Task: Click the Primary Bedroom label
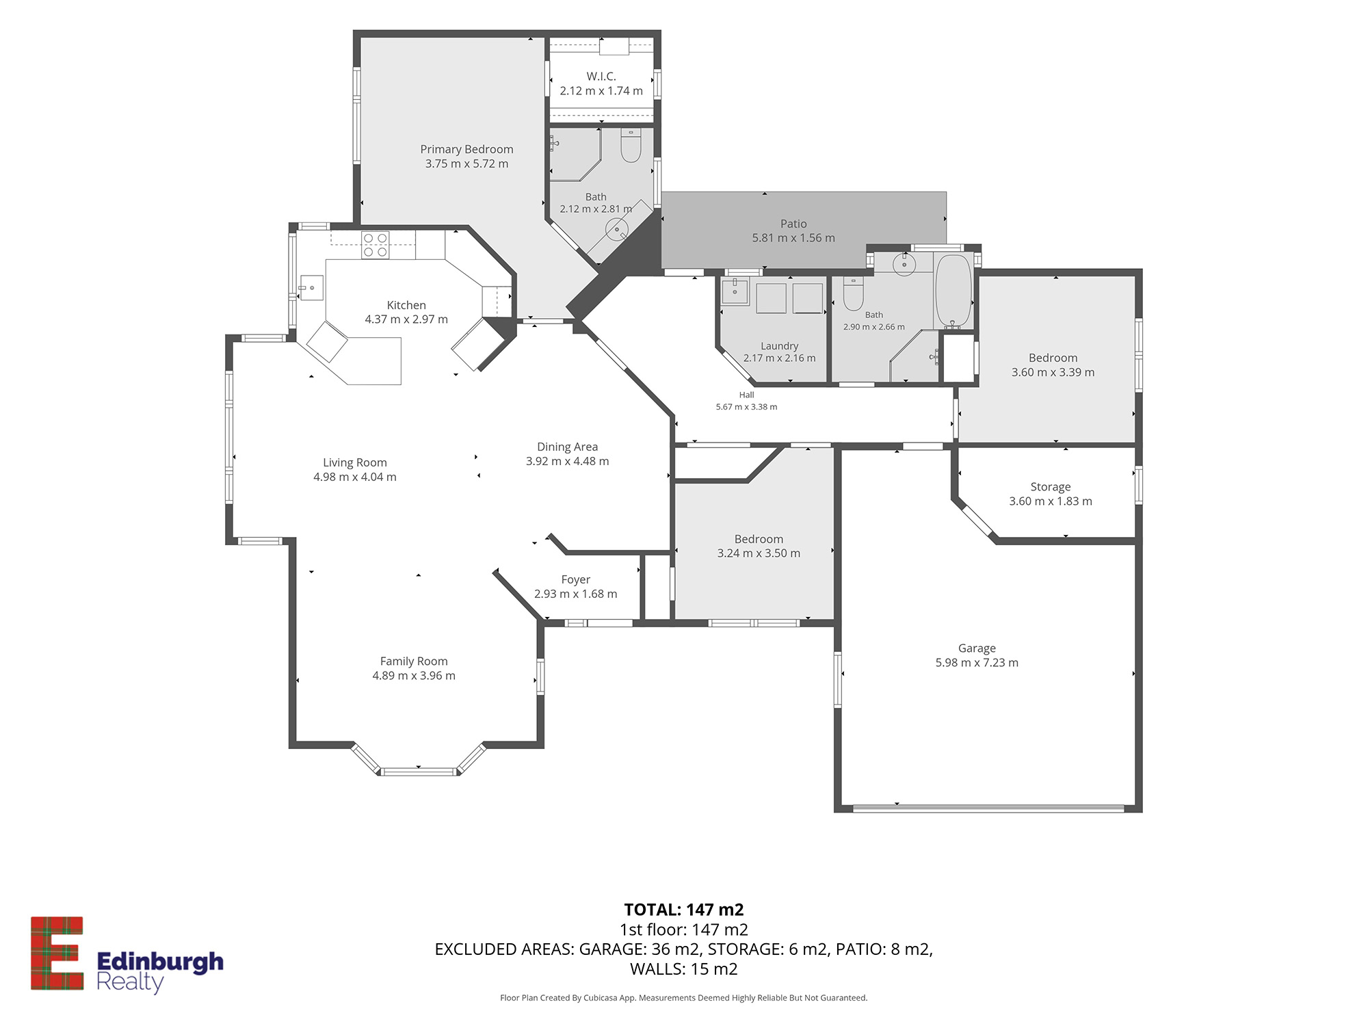tap(466, 149)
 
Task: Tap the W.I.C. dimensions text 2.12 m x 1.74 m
tap(601, 90)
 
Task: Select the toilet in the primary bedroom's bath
tap(631, 146)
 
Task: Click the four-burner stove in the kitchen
tap(375, 246)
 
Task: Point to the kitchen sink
tap(312, 287)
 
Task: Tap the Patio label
tap(793, 224)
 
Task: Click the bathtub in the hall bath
tap(953, 291)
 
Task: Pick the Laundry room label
tap(780, 346)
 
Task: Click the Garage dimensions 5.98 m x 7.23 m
tap(977, 662)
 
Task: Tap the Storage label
tap(1051, 487)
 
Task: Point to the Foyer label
tap(575, 579)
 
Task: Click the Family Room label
tap(414, 661)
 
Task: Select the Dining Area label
tap(567, 447)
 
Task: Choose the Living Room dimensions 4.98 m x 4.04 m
tap(355, 477)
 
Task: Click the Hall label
tap(746, 395)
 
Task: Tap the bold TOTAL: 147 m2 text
tap(684, 910)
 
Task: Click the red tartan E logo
tap(57, 953)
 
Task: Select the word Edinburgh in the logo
tap(160, 962)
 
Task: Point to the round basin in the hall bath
tap(904, 263)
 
